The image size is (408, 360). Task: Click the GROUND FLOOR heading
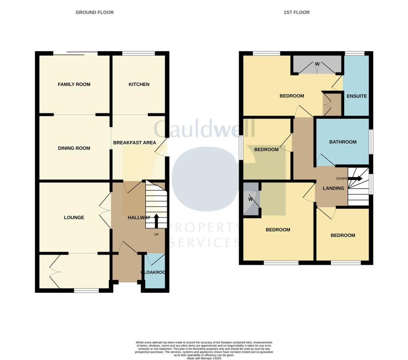click(x=94, y=12)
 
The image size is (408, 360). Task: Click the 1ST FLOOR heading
click(x=296, y=12)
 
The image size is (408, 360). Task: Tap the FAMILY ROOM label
click(x=74, y=84)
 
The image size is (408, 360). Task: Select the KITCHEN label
click(x=139, y=84)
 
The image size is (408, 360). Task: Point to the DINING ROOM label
click(x=74, y=148)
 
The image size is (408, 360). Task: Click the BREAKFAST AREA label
click(x=135, y=143)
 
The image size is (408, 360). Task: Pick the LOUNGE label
click(x=74, y=217)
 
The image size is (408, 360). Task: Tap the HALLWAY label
click(x=139, y=217)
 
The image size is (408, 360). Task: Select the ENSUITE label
click(x=357, y=96)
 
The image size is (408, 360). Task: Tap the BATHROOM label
click(x=343, y=142)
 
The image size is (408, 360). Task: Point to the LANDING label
click(x=333, y=188)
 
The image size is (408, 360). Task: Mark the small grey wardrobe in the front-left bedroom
click(x=251, y=199)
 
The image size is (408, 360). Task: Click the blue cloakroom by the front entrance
click(x=154, y=272)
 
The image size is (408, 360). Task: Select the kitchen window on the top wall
click(x=138, y=53)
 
